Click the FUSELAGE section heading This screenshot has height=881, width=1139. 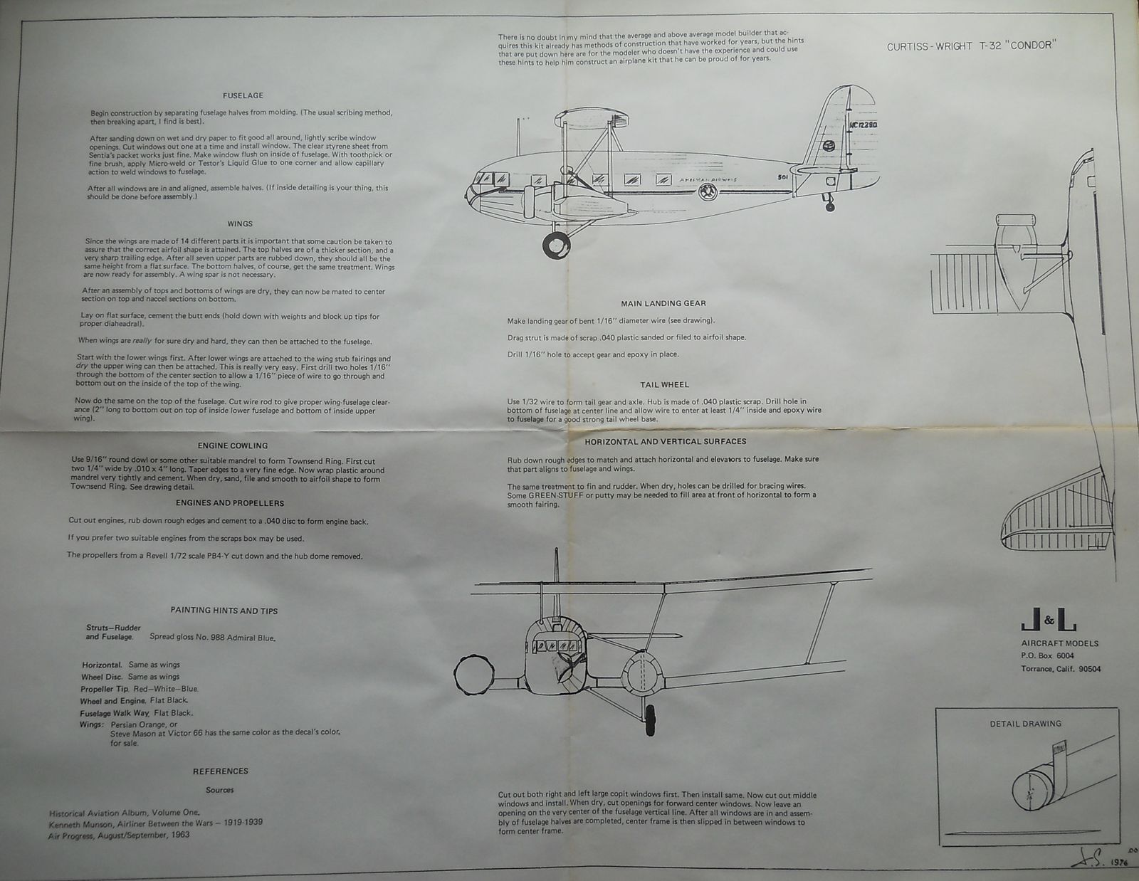tap(243, 95)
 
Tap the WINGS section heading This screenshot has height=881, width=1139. tap(240, 223)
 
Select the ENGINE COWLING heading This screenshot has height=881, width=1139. tap(233, 445)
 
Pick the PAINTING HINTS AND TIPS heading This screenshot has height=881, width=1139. tap(224, 611)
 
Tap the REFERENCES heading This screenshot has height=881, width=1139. tap(221, 771)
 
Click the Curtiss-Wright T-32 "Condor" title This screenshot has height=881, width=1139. tap(971, 47)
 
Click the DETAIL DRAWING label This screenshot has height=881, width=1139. tap(1025, 724)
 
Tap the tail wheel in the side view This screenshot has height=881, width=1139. tap(830, 207)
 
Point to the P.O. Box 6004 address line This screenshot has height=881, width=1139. tap(1047, 655)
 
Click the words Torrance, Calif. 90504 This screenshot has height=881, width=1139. tap(1061, 669)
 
